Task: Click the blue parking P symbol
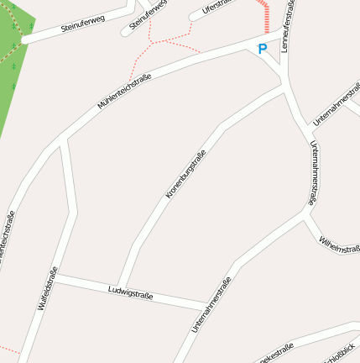(x=262, y=50)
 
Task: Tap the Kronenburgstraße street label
(x=185, y=174)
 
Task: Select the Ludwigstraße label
(x=130, y=292)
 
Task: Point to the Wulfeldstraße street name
(x=48, y=288)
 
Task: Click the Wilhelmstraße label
(x=338, y=245)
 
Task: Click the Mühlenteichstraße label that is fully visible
(x=124, y=92)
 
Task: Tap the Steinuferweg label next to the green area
(x=83, y=24)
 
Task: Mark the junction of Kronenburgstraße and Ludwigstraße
(x=117, y=287)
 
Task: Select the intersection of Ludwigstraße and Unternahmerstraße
(x=206, y=303)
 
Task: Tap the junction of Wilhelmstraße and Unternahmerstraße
(x=305, y=214)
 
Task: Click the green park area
(x=13, y=59)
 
